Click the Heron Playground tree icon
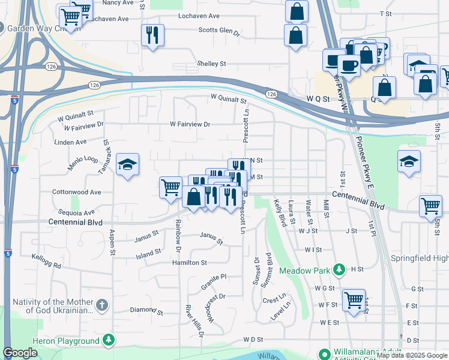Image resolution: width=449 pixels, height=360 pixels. pos(109,341)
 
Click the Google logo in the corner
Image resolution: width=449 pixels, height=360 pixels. pos(20,353)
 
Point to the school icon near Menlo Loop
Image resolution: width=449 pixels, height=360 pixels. pos(127,165)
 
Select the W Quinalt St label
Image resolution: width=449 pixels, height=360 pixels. pos(76,112)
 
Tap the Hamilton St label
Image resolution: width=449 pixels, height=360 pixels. pos(191,263)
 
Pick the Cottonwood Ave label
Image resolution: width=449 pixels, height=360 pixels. pos(77,193)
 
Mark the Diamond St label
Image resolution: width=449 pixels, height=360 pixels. pos(146,312)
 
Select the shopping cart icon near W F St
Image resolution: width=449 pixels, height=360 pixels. pos(354,299)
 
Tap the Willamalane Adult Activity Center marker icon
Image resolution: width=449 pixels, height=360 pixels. pos(324,354)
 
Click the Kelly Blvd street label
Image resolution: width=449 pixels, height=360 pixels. pos(280,212)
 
